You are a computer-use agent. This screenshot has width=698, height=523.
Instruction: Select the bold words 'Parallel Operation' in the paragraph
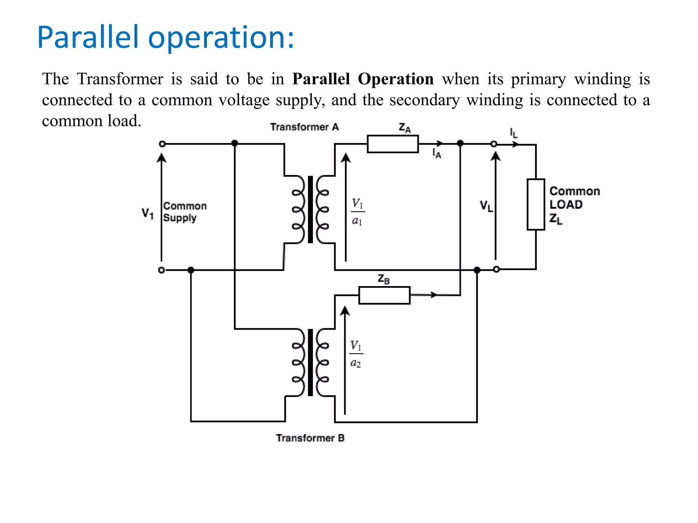tap(363, 79)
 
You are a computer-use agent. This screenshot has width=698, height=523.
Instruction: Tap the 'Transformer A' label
tap(304, 127)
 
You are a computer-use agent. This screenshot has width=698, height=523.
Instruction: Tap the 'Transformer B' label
tap(310, 438)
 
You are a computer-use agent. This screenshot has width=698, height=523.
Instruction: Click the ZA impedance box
tap(393, 144)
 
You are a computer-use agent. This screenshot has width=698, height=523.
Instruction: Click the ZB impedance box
tap(384, 295)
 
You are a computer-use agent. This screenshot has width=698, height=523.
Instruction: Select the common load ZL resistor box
tap(536, 204)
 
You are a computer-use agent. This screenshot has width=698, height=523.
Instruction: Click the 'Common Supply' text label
tap(184, 212)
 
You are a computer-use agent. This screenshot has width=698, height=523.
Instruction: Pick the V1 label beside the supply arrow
tap(148, 213)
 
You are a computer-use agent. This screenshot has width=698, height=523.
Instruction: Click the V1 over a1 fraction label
tap(357, 212)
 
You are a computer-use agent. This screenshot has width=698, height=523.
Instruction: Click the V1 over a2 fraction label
tap(356, 354)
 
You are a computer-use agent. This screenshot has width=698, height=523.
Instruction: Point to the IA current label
tap(437, 154)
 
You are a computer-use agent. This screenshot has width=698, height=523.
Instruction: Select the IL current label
tap(514, 133)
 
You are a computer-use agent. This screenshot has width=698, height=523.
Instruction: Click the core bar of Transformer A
tap(310, 209)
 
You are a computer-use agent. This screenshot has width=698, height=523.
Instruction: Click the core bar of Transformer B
tap(310, 362)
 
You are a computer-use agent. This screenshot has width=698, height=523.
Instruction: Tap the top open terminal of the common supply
tap(162, 144)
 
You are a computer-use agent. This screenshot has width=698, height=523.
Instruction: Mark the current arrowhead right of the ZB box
tap(434, 295)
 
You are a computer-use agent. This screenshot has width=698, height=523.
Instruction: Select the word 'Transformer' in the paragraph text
tap(120, 79)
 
